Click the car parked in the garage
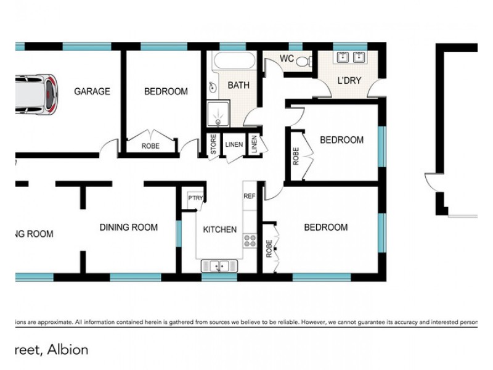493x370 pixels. click(x=35, y=93)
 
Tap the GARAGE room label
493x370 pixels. click(x=92, y=92)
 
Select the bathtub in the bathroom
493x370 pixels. click(x=232, y=62)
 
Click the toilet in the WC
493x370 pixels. click(x=304, y=60)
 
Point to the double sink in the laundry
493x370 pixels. click(x=351, y=58)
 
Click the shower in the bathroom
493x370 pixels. click(x=218, y=114)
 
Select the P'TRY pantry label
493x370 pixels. click(x=195, y=197)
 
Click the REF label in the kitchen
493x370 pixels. click(x=249, y=197)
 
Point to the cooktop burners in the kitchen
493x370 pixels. click(x=250, y=240)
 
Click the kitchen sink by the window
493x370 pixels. click(x=219, y=266)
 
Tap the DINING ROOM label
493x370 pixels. click(x=128, y=228)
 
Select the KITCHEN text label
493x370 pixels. click(x=219, y=230)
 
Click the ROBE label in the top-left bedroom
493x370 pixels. click(x=150, y=147)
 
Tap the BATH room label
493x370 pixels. click(x=238, y=86)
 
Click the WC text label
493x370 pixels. click(x=287, y=59)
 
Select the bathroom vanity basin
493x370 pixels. click(x=211, y=86)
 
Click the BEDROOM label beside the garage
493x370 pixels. click(x=165, y=92)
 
